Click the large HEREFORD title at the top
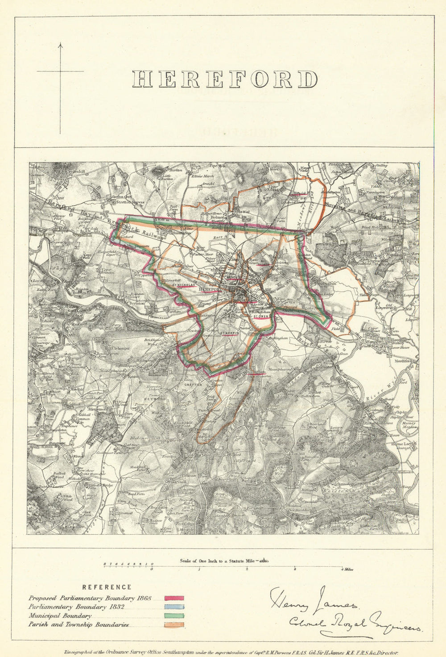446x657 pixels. coord(225,80)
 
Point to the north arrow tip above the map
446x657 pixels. coord(60,43)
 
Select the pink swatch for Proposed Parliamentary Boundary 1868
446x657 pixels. coord(174,598)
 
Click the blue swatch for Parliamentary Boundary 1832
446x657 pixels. coord(174,607)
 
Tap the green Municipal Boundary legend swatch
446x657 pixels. coord(174,616)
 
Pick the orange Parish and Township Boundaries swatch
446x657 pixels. coord(174,625)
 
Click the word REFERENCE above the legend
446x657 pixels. coord(107,587)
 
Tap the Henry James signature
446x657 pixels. coord(312,601)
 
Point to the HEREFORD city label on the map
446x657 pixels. coord(211,289)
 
